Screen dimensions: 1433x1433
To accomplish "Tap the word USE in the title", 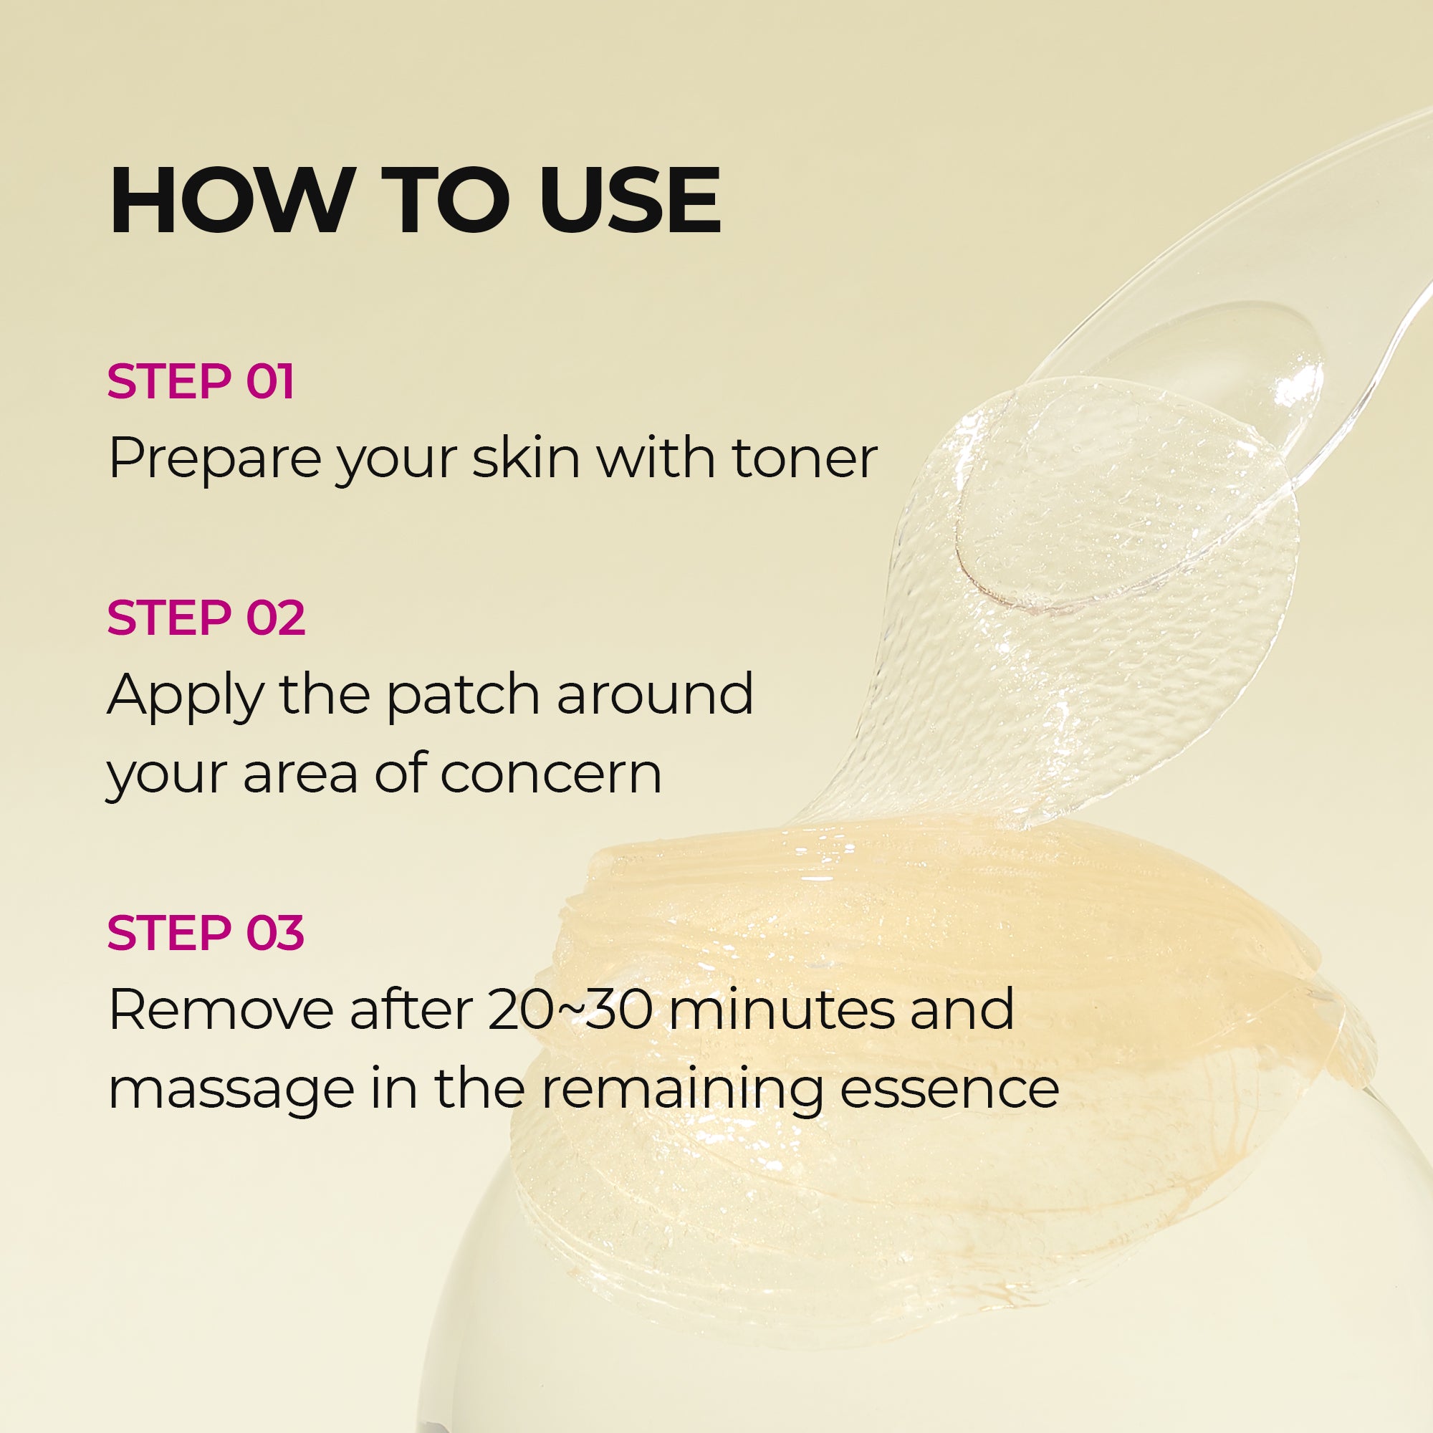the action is pos(630,201).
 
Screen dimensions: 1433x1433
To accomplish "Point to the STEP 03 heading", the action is pos(206,932).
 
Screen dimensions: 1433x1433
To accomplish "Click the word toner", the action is pos(805,458).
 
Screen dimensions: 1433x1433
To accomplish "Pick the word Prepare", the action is pos(213,460).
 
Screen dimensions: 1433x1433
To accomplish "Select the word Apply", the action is pos(186,697).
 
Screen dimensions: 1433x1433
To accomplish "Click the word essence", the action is pos(949,1088).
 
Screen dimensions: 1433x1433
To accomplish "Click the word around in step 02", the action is pos(655,694).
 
